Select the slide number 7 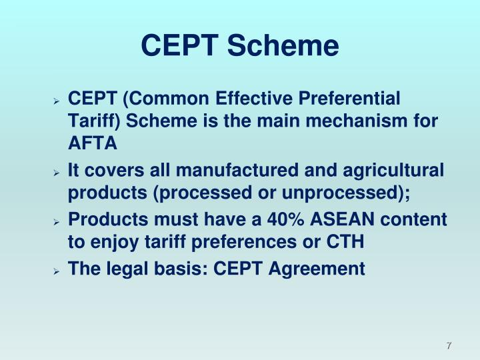(x=449, y=346)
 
